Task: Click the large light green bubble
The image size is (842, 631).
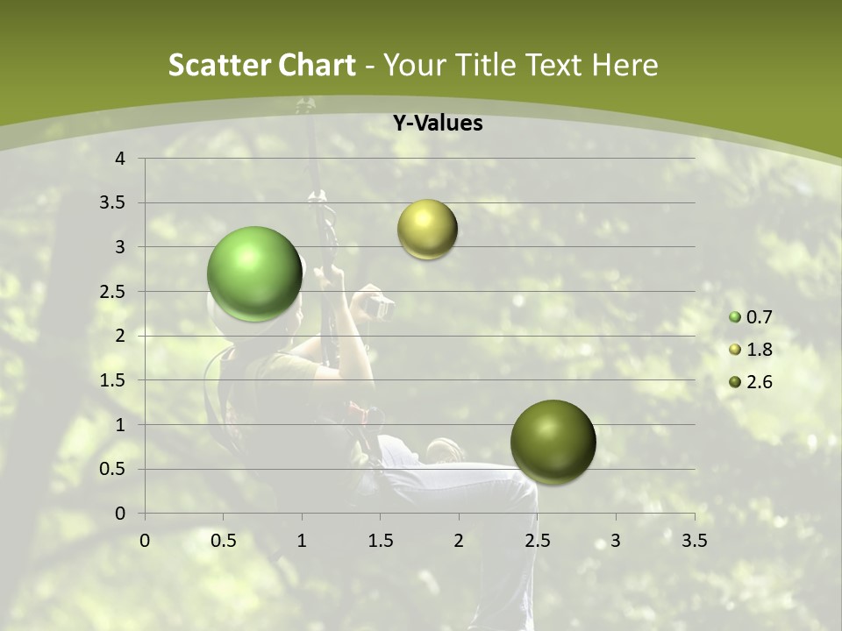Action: click(x=254, y=273)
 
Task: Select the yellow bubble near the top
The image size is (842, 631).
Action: click(x=427, y=230)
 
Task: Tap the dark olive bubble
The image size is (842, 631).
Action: click(x=553, y=442)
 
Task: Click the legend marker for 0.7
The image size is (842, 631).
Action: click(x=735, y=317)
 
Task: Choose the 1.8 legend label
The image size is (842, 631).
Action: click(x=759, y=350)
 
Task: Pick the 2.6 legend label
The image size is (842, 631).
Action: click(x=759, y=382)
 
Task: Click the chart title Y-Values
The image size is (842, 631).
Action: click(x=437, y=124)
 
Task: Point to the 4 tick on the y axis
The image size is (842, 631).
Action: click(x=120, y=159)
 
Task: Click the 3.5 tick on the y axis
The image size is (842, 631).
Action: click(x=112, y=203)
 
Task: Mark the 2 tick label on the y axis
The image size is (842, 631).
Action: click(x=120, y=336)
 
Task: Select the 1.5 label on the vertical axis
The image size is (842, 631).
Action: click(x=112, y=380)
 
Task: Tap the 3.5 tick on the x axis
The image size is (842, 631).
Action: click(x=694, y=540)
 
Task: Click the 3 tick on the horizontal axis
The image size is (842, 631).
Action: click(x=616, y=540)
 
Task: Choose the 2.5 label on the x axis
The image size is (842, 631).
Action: click(x=537, y=540)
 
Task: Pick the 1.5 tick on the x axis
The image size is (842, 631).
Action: click(x=380, y=540)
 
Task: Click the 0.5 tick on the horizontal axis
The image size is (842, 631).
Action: click(x=223, y=540)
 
